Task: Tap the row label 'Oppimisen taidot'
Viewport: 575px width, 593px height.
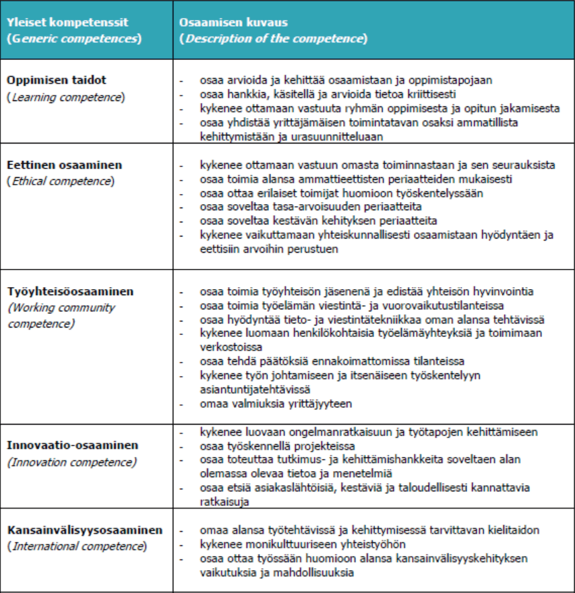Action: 57,80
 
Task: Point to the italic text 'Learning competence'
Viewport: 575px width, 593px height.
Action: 66,97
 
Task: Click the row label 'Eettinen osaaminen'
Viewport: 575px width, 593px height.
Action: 65,164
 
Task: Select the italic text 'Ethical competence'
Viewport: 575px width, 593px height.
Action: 61,181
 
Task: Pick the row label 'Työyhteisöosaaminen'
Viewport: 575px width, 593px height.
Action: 70,292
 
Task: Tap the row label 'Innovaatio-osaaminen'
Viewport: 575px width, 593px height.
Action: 72,445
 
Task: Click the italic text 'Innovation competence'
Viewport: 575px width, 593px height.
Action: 72,462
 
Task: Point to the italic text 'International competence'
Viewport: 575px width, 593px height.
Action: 77,547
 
